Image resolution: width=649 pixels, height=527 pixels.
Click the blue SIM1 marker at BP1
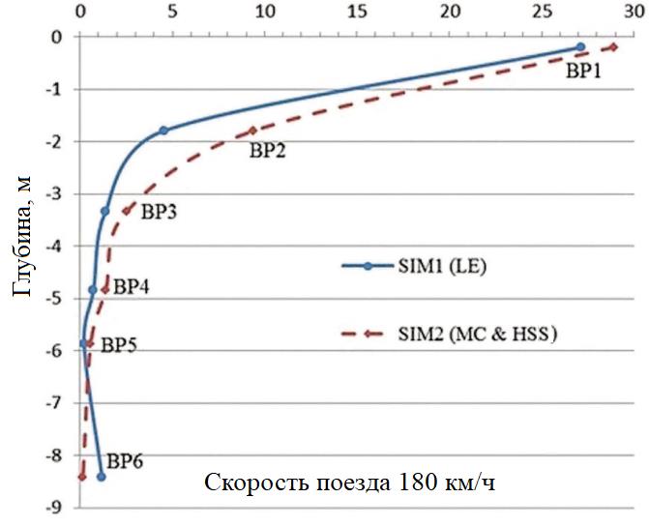pyautogui.click(x=580, y=46)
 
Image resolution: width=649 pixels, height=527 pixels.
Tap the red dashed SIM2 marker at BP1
pyautogui.click(x=613, y=46)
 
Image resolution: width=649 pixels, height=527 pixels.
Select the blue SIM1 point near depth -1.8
pyautogui.click(x=163, y=131)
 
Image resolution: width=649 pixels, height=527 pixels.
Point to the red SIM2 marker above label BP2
pyautogui.click(x=253, y=131)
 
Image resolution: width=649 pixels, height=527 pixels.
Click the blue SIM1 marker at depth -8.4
pyautogui.click(x=101, y=476)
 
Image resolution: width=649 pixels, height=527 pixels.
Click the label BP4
pyautogui.click(x=132, y=286)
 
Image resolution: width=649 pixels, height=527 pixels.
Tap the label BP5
pyautogui.click(x=120, y=344)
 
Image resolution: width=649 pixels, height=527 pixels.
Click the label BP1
pyautogui.click(x=583, y=70)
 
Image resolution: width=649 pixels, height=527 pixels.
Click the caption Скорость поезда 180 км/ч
pyautogui.click(x=349, y=482)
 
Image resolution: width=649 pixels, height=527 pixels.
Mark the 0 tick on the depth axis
pyautogui.click(x=59, y=38)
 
